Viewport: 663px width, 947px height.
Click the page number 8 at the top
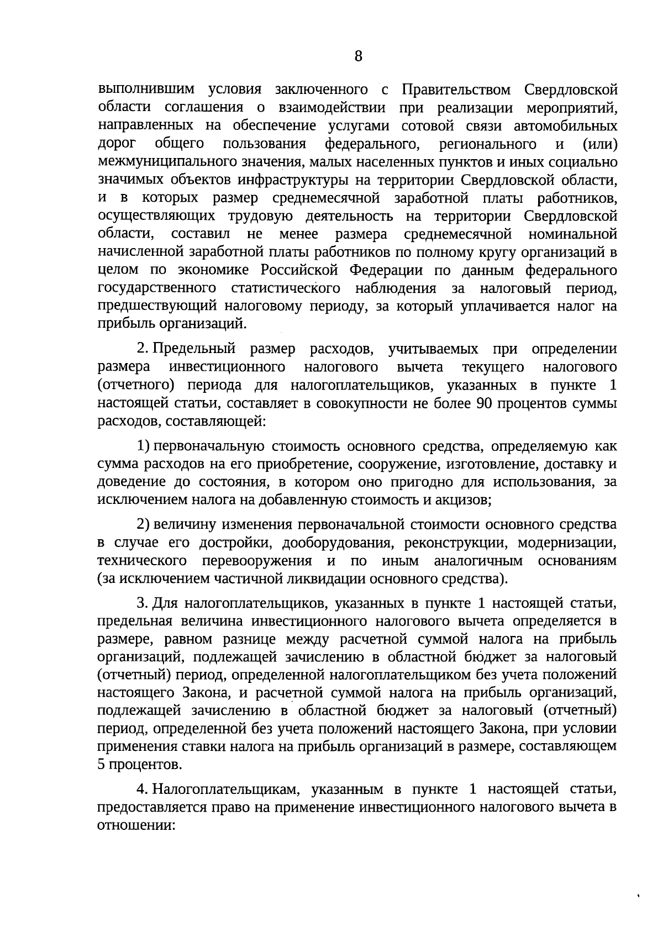click(358, 56)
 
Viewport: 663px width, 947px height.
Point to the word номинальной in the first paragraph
click(572, 234)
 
